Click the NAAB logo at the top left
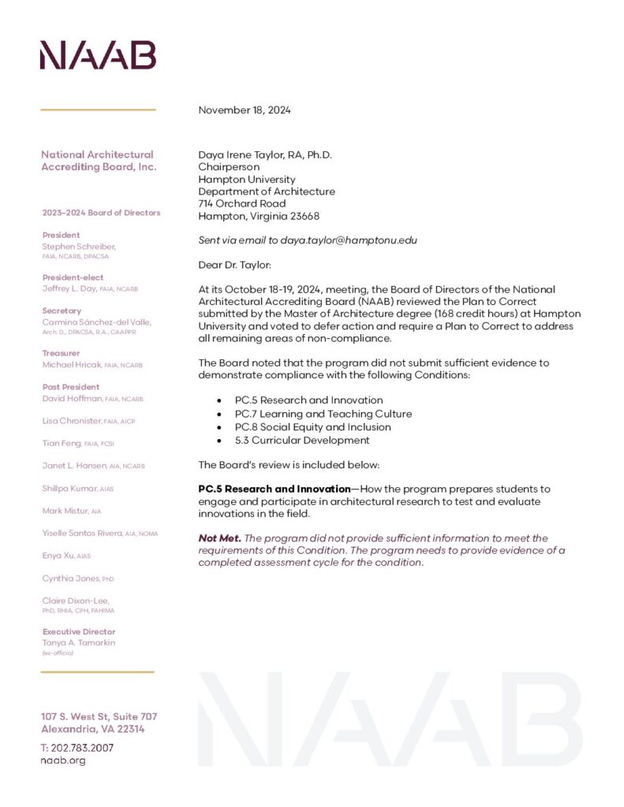(x=98, y=56)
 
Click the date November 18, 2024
(x=245, y=110)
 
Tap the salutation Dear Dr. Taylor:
(x=234, y=265)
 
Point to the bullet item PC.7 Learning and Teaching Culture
(x=323, y=414)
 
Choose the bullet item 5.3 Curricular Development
(x=302, y=441)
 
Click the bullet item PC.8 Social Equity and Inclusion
(x=313, y=427)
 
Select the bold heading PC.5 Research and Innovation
(x=274, y=489)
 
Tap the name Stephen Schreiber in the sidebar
(x=79, y=247)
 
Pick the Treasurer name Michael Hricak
(x=71, y=365)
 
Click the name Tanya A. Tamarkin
(x=80, y=643)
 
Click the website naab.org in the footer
(x=63, y=761)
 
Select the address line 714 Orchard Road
(x=242, y=204)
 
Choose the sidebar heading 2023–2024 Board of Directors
(x=101, y=213)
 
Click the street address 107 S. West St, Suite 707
(x=99, y=716)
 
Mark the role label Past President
(x=71, y=387)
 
